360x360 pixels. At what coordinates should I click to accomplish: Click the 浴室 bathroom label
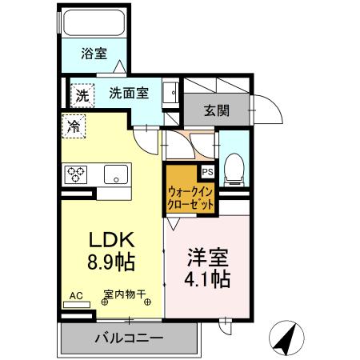click(x=94, y=54)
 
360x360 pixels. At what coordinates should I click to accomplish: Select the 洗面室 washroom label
click(x=128, y=92)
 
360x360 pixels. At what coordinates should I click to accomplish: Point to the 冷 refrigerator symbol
click(x=74, y=125)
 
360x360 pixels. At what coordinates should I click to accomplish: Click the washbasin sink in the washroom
click(x=171, y=93)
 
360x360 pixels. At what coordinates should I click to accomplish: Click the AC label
click(x=76, y=295)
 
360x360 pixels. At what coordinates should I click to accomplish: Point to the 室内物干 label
click(x=123, y=295)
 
